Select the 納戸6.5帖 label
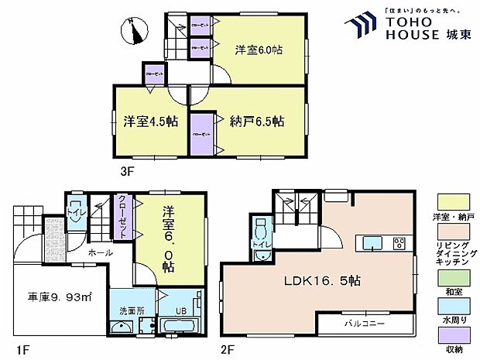click(x=256, y=122)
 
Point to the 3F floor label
click(x=126, y=173)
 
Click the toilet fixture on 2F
click(x=259, y=231)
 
